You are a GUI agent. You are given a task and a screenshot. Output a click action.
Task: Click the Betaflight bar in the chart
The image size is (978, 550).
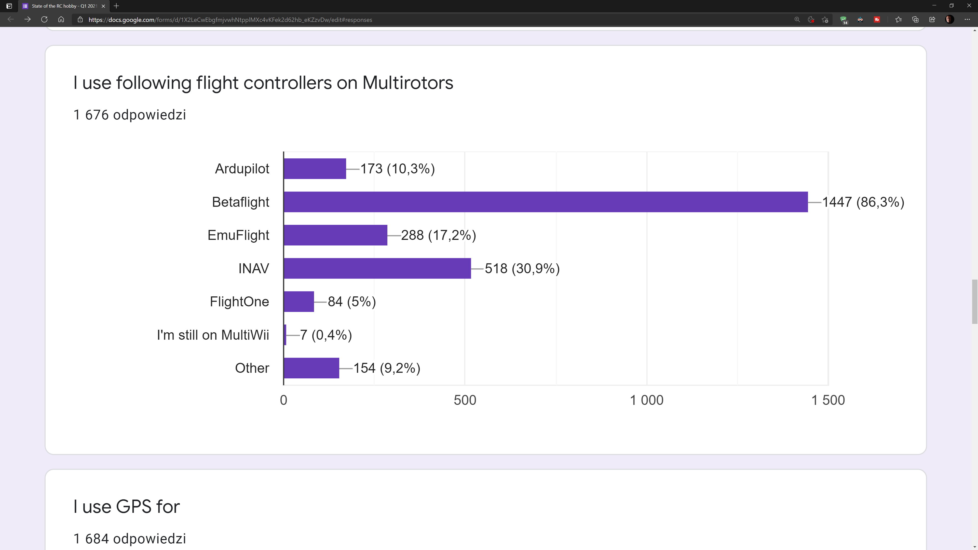tap(546, 202)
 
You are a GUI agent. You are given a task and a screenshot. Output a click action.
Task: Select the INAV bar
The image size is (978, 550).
tap(377, 268)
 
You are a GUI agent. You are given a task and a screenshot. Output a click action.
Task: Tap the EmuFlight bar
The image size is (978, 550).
tap(335, 235)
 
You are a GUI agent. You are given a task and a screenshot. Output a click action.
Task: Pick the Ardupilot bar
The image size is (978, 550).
tap(315, 169)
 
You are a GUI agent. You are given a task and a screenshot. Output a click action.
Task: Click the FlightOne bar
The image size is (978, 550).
tap(299, 301)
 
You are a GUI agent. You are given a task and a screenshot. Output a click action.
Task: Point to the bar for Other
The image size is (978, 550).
tap(311, 368)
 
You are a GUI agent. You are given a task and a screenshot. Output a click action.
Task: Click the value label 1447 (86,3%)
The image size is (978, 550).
tap(863, 202)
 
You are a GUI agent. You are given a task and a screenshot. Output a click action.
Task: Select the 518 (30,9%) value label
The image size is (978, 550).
tap(522, 268)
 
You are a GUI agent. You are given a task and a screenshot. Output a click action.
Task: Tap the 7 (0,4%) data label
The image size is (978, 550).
tap(326, 335)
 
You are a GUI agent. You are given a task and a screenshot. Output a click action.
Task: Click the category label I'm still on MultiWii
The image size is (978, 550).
tap(213, 335)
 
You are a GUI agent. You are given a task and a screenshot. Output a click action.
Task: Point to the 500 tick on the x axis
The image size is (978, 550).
tap(465, 400)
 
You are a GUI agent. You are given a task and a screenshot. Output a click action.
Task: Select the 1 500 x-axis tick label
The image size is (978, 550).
tap(828, 400)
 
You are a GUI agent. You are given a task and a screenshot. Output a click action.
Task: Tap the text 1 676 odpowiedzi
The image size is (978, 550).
tap(129, 115)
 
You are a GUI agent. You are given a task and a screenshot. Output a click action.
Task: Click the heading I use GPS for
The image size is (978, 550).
tap(126, 506)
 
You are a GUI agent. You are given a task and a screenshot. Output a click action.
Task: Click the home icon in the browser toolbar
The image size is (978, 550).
tap(61, 19)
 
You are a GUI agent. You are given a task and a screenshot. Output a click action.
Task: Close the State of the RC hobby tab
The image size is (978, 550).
tap(103, 6)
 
